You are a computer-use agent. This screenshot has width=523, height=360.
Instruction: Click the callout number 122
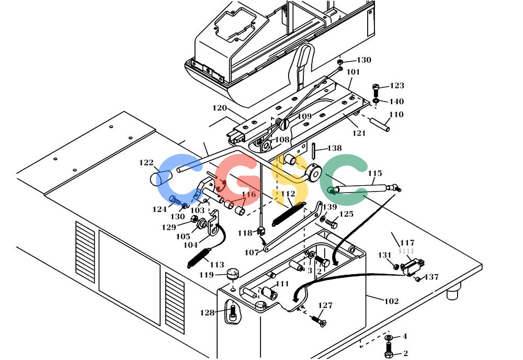[146, 163]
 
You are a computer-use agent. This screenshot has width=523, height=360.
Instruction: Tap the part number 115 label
[374, 173]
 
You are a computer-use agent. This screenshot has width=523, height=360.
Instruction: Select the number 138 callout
[334, 148]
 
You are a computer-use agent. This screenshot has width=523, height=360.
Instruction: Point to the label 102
[391, 301]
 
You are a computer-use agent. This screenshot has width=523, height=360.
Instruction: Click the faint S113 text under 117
[406, 251]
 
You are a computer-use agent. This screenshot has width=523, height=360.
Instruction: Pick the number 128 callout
[207, 312]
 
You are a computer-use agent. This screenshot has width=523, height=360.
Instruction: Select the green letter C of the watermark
[344, 180]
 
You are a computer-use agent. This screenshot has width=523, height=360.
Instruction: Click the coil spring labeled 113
[199, 258]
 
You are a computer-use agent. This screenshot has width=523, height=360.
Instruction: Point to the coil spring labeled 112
[288, 214]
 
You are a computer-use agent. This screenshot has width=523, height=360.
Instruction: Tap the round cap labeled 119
[233, 273]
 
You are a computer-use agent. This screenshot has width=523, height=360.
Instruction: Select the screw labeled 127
[319, 321]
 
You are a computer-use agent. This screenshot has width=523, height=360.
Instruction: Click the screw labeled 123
[376, 90]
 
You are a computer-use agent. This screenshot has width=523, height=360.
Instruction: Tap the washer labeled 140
[376, 101]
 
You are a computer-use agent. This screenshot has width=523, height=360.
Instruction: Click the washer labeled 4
[388, 336]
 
